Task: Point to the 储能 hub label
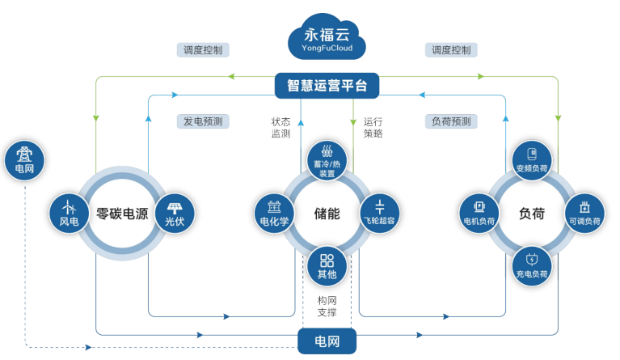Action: tap(327, 214)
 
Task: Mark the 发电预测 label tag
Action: tap(203, 121)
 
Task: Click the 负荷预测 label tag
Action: tap(451, 121)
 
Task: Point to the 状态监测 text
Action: tap(280, 128)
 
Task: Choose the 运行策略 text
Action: tap(373, 128)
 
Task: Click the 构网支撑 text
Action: tap(327, 307)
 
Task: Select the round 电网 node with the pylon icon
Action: tap(24, 161)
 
